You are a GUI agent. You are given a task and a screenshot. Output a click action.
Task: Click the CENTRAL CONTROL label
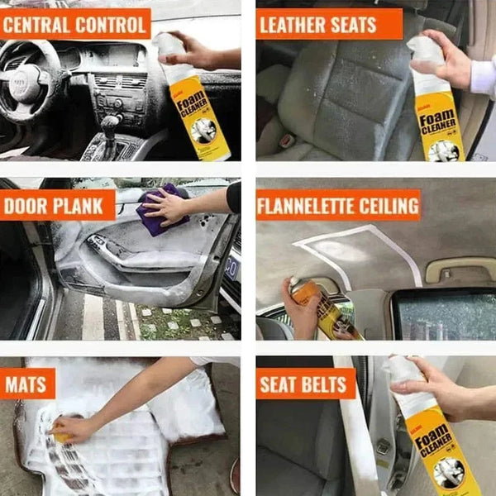pos(75,24)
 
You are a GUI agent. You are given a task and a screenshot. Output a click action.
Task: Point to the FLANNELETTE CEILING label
pos(338,204)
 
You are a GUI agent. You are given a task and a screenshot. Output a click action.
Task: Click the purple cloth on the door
pos(159,212)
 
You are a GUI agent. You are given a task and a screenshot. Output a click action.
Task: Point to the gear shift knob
pos(110,124)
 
